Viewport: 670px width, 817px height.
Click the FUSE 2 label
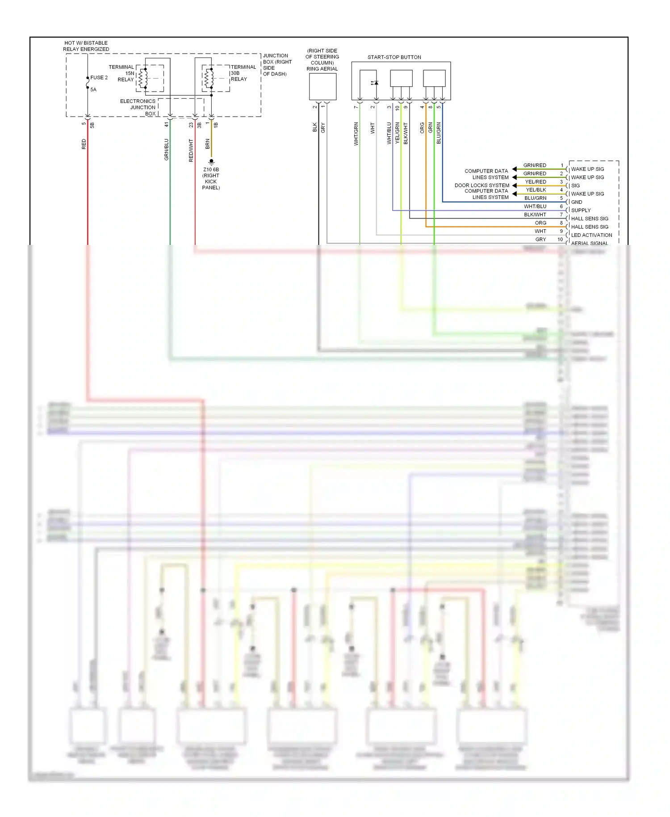coord(99,78)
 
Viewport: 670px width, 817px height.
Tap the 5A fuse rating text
coord(93,90)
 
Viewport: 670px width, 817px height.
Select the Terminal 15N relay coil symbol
coord(142,79)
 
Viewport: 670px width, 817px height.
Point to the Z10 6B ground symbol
coord(211,161)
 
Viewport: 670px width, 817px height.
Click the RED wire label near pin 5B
coord(84,144)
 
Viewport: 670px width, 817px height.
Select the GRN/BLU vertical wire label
coord(167,149)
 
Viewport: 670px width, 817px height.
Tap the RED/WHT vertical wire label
coord(191,150)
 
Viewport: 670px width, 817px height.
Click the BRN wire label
coord(208,144)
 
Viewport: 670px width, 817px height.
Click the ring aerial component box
coord(322,87)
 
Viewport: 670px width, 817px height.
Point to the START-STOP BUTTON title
coord(394,57)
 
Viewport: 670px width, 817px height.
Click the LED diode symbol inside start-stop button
coord(375,83)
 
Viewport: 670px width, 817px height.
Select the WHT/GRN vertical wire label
coord(356,134)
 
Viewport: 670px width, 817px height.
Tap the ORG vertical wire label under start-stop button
coord(422,128)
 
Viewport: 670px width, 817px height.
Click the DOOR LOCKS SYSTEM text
coord(482,185)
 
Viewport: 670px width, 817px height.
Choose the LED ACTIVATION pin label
coord(591,235)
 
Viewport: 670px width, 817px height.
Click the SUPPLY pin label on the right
coord(581,211)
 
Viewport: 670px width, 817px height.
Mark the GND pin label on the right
coord(576,202)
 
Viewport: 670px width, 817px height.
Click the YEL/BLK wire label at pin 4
coord(536,190)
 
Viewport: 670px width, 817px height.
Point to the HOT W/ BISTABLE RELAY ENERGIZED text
coord(86,46)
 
